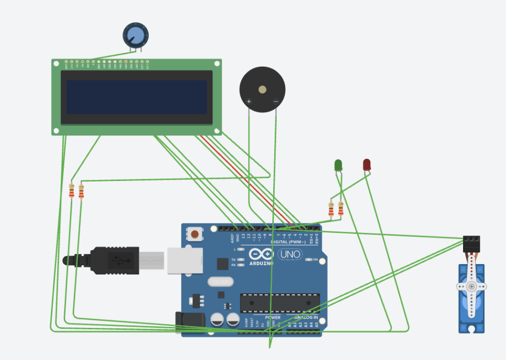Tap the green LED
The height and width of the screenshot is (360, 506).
pos(338,165)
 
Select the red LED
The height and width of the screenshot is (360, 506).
pos(367,164)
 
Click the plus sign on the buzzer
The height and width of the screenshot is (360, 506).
pos(249,102)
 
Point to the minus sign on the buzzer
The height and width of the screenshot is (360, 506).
pos(276,102)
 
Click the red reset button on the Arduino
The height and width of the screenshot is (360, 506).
pos(195,234)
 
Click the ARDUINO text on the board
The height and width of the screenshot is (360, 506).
pos(261,263)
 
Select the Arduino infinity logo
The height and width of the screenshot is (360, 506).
pos(261,254)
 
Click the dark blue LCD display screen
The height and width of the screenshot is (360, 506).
pos(136,97)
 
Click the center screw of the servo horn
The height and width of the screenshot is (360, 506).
pos(471,287)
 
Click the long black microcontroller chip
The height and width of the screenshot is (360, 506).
pos(280,303)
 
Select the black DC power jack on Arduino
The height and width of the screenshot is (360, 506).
pos(190,320)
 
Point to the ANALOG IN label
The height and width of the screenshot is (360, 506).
pos(306,317)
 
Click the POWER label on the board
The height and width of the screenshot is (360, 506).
pos(272,317)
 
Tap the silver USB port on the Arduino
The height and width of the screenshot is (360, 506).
pos(185,261)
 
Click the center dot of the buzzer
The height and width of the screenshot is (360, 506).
pos(262,90)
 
